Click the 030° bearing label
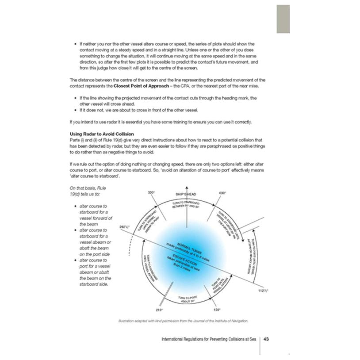[222, 192]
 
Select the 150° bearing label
[216, 310]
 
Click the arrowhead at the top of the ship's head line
[186, 186]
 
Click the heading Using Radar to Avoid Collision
[102, 134]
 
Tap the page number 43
[267, 340]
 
